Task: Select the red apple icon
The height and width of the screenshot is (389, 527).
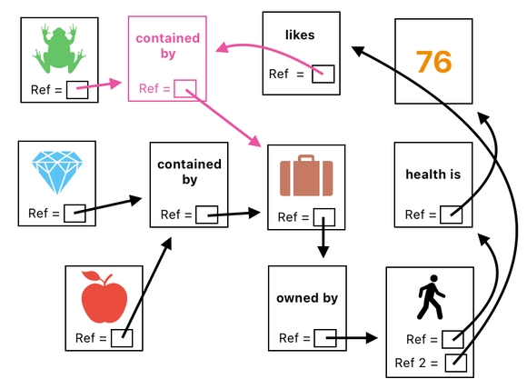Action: (104, 297)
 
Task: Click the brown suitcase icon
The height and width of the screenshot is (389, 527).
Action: (306, 175)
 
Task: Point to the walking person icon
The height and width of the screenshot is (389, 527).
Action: (427, 299)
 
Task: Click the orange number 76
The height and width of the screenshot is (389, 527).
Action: (433, 62)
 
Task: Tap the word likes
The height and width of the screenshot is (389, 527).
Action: (299, 35)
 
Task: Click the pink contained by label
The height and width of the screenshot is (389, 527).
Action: (167, 46)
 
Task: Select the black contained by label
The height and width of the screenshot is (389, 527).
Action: (189, 172)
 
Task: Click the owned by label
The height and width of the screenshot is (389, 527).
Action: (307, 298)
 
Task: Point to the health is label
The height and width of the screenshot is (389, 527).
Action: (433, 174)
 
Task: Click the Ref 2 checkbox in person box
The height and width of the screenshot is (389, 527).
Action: (455, 364)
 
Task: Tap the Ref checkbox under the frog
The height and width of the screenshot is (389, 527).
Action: (77, 89)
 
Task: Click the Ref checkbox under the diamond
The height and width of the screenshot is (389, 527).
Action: (75, 214)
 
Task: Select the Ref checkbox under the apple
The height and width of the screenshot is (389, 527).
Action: (122, 338)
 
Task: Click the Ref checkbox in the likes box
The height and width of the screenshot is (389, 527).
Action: (323, 75)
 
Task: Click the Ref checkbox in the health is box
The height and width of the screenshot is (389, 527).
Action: (450, 215)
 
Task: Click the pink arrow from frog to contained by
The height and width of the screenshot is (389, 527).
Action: (105, 85)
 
